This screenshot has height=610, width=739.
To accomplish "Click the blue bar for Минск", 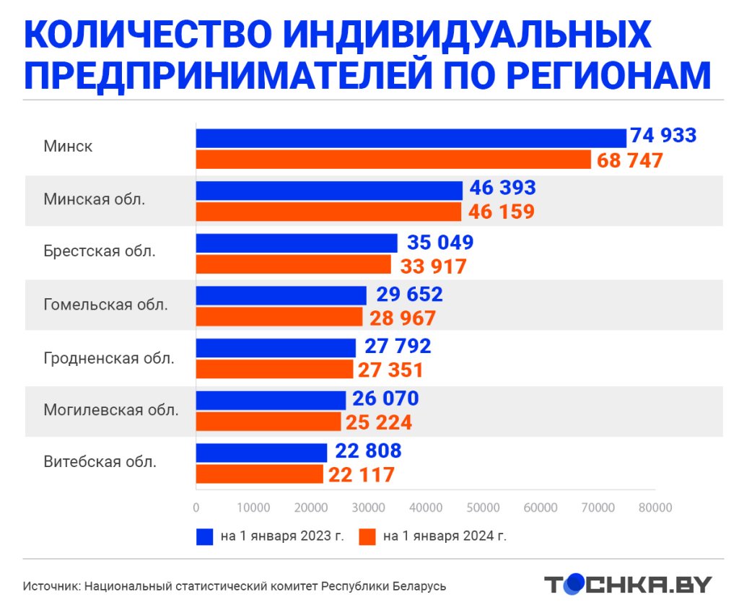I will tap(411, 137).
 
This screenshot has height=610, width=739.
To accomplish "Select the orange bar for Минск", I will tap(393, 160).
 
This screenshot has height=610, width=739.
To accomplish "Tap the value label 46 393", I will tap(502, 188).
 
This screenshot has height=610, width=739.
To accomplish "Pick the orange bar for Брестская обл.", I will tap(293, 265).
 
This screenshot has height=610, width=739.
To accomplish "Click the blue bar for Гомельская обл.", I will tap(281, 295).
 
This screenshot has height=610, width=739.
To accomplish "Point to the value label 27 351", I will tap(390, 370).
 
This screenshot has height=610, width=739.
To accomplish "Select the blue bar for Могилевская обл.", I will tap(271, 399).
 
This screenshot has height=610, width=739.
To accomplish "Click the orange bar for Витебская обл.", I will tap(259, 474).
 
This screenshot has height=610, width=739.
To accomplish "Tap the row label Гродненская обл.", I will tap(108, 357).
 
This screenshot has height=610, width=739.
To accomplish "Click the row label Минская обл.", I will tap(94, 199).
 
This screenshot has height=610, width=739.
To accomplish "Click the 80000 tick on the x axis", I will tap(655, 508).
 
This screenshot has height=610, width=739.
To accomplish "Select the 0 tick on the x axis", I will tap(196, 508).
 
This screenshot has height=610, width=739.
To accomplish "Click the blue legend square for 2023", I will tap(204, 536).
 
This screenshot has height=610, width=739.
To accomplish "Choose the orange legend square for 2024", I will tap(368, 536).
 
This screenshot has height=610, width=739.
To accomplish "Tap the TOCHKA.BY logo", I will tap(627, 584).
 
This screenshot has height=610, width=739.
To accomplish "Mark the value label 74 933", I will tap(663, 135).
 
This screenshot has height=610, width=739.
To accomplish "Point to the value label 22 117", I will tap(362, 475).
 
